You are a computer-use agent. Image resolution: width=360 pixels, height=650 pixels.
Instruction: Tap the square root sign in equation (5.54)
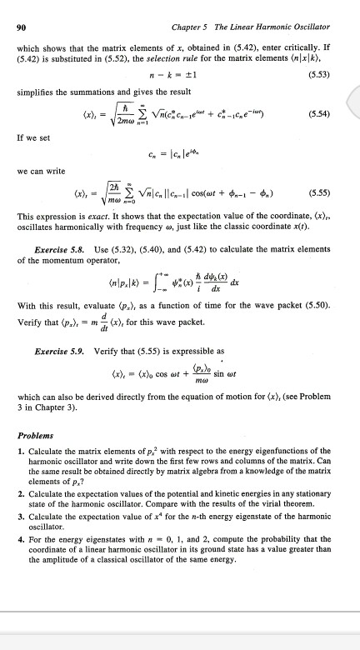tap(132, 112)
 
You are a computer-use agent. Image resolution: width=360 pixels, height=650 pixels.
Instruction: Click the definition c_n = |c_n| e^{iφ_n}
tap(179, 151)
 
